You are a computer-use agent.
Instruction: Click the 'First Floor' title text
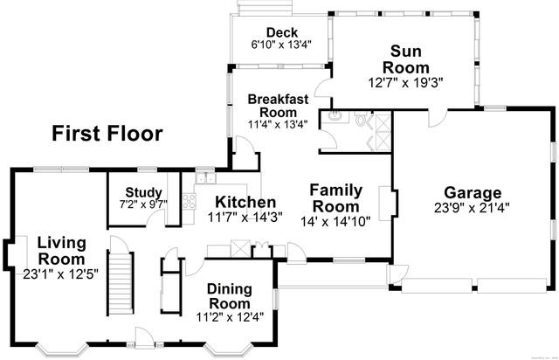[x=107, y=133]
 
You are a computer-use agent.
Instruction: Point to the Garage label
[x=472, y=192]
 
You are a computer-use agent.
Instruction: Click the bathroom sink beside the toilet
[x=335, y=116]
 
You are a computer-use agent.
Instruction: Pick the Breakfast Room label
[x=278, y=107]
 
